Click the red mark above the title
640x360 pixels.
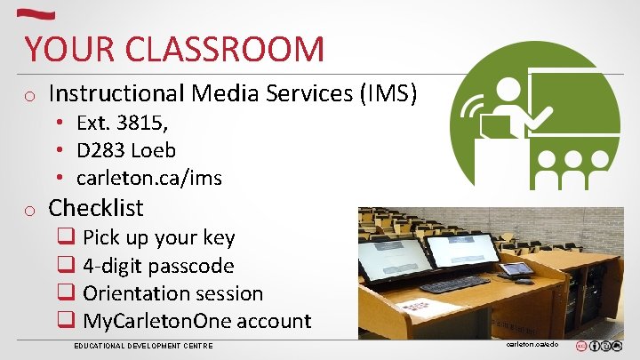coord(38,14)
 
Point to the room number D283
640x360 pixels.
coord(100,150)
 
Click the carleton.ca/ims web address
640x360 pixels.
coord(149,178)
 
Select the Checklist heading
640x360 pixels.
coord(96,208)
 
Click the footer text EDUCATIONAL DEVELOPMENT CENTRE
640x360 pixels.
coord(143,345)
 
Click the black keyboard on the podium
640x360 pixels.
coord(454,284)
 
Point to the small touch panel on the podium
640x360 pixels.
coord(516,269)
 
